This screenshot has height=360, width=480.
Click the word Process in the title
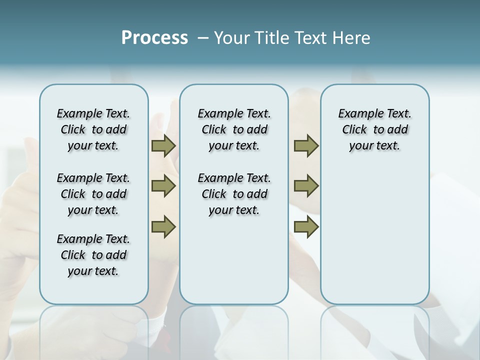[x=154, y=38]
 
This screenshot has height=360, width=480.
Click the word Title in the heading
[x=271, y=38]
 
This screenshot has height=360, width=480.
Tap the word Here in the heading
[x=351, y=38]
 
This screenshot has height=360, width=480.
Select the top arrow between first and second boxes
[x=163, y=146]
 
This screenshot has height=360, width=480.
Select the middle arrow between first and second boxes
[x=163, y=186]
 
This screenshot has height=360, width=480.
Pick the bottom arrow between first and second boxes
[x=163, y=227]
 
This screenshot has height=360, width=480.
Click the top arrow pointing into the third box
[x=306, y=146]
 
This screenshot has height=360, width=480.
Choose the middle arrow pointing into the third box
[x=306, y=186]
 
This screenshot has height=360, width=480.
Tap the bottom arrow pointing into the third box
[x=306, y=227]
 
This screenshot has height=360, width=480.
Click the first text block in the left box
[x=93, y=129]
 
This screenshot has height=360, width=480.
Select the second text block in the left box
[x=93, y=194]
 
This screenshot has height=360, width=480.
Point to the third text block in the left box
[x=93, y=255]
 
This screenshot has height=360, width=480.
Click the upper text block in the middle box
[x=234, y=129]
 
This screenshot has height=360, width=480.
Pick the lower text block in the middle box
[x=234, y=194]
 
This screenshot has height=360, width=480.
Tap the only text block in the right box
[x=374, y=129]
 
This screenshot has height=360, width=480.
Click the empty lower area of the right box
[x=374, y=235]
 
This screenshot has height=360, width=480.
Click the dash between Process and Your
[x=203, y=38]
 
